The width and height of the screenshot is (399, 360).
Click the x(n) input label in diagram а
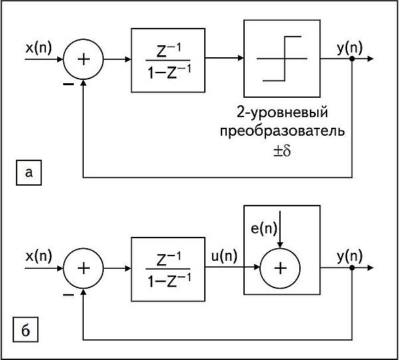click(x=39, y=48)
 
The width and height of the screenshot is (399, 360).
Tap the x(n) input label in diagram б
click(x=39, y=256)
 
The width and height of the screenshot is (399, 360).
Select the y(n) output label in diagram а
click(x=350, y=49)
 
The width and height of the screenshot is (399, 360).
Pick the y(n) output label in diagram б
click(x=350, y=257)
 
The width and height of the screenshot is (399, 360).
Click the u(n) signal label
click(x=224, y=256)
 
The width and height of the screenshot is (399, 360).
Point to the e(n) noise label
click(x=264, y=228)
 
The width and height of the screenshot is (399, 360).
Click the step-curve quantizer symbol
click(x=282, y=59)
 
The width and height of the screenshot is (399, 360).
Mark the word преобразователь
click(x=283, y=131)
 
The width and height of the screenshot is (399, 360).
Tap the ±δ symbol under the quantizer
click(x=282, y=151)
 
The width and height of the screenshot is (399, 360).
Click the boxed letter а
click(x=29, y=172)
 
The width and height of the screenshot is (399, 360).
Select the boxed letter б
click(x=25, y=329)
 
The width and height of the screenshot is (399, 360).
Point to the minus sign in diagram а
click(x=68, y=84)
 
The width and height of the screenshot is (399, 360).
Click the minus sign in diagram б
click(x=68, y=295)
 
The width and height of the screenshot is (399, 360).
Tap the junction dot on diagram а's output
click(x=352, y=59)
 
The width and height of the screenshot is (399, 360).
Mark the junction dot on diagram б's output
click(x=352, y=268)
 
